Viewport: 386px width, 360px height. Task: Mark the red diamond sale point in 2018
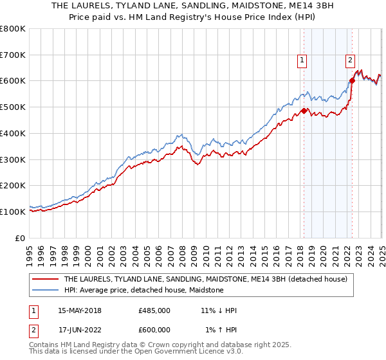tap(304, 111)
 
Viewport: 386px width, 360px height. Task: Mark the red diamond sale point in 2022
tap(352, 81)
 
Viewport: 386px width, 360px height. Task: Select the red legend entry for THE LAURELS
tap(206, 279)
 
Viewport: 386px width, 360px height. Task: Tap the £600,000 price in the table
tap(154, 330)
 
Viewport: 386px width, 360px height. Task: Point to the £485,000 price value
tap(154, 310)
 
